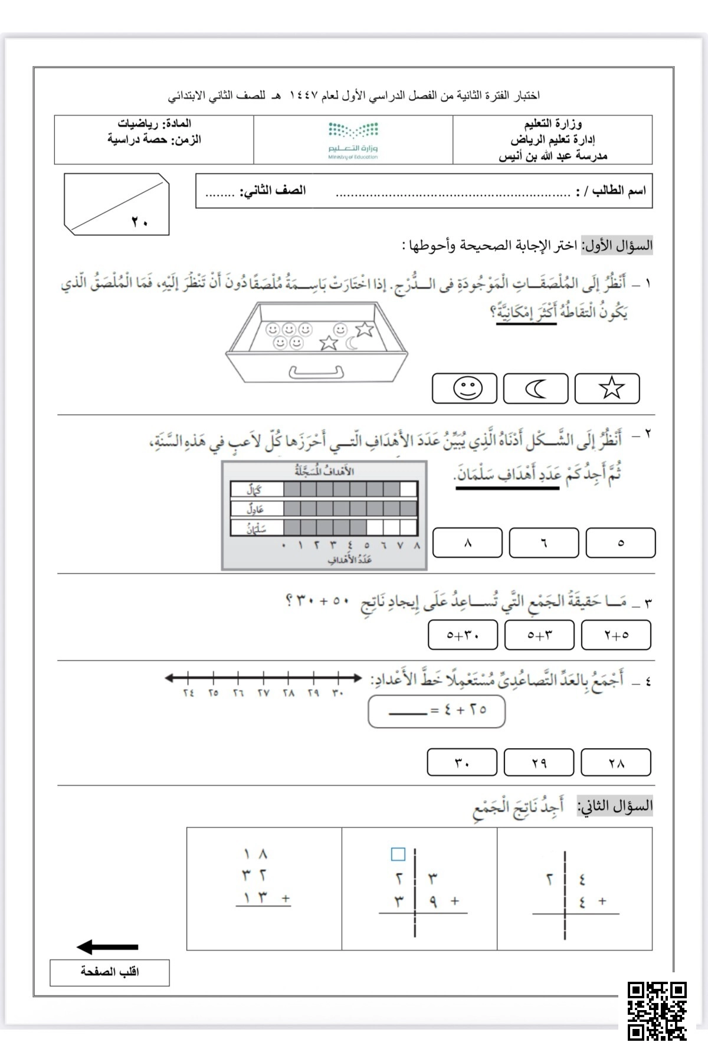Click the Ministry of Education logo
click(x=353, y=140)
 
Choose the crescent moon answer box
click(x=536, y=388)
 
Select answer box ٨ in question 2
click(x=467, y=542)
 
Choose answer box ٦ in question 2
click(x=543, y=542)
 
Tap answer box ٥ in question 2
click(x=621, y=542)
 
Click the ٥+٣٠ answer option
click(x=463, y=635)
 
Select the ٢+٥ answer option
click(x=616, y=635)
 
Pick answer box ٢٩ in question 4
click(x=539, y=762)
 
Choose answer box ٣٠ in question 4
click(x=462, y=762)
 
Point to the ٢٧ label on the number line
click(x=263, y=693)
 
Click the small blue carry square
click(x=398, y=854)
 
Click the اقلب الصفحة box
click(x=110, y=972)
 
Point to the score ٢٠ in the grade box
click(x=139, y=222)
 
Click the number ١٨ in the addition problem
click(x=255, y=854)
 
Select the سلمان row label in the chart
click(x=257, y=527)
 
